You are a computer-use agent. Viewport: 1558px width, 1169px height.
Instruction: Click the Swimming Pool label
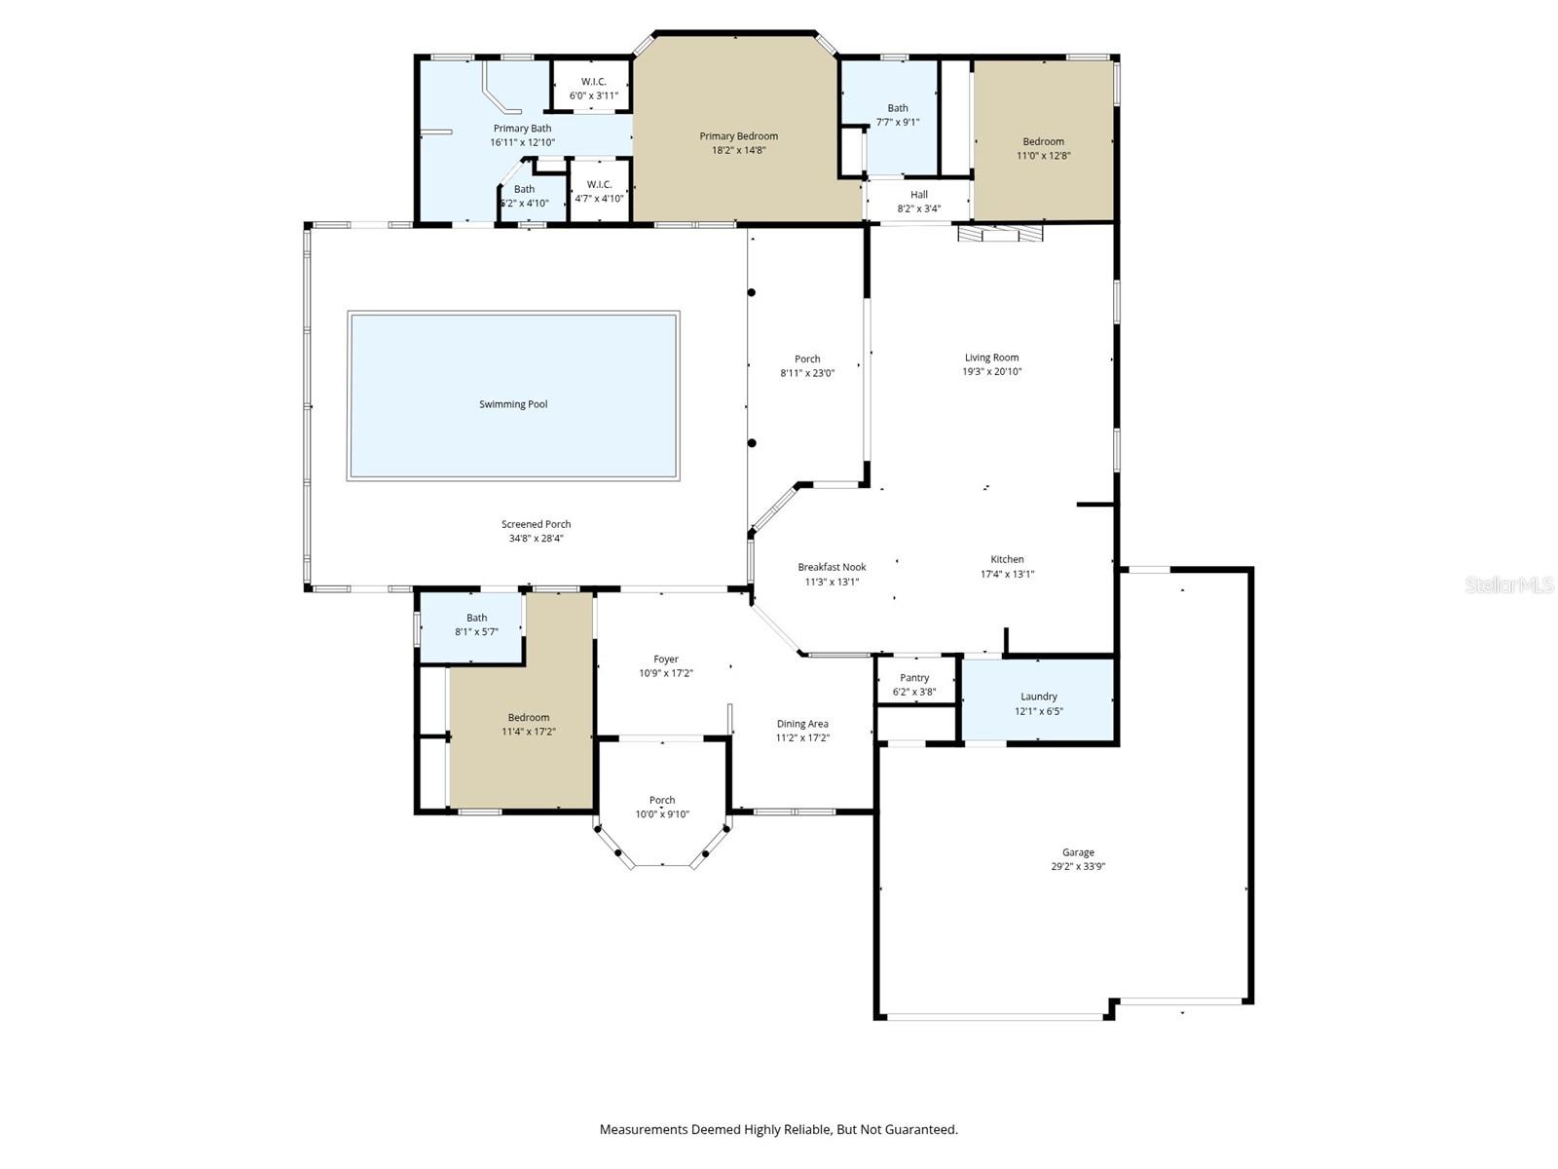(513, 404)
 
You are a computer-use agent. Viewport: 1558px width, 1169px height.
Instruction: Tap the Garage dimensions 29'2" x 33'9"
(1078, 866)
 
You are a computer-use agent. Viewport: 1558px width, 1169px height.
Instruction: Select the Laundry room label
(1038, 697)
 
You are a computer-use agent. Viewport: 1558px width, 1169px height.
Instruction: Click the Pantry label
(914, 678)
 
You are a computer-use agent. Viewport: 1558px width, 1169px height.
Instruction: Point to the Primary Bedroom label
(738, 136)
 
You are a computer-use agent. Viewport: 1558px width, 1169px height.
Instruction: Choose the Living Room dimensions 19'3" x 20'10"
(992, 371)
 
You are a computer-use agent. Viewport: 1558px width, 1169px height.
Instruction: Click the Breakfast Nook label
(832, 567)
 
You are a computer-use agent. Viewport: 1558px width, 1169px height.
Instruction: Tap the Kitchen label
(1007, 559)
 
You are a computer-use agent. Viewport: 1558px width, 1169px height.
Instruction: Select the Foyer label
(666, 660)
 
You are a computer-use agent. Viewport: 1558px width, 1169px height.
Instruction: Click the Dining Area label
(802, 724)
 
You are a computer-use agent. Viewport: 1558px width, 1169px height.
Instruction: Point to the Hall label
(919, 195)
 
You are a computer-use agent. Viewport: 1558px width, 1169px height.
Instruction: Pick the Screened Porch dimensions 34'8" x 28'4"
(536, 538)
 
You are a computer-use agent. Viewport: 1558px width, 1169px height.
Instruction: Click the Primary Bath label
(522, 129)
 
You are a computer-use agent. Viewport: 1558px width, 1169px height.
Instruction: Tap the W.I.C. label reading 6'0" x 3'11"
(593, 82)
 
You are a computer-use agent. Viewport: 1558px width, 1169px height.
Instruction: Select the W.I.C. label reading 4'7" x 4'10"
(599, 185)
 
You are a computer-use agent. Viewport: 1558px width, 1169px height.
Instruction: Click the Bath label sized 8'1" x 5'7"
(476, 618)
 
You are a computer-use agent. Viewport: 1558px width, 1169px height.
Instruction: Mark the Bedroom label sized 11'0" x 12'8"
(1043, 141)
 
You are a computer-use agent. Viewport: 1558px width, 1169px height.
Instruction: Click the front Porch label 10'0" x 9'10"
(662, 801)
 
